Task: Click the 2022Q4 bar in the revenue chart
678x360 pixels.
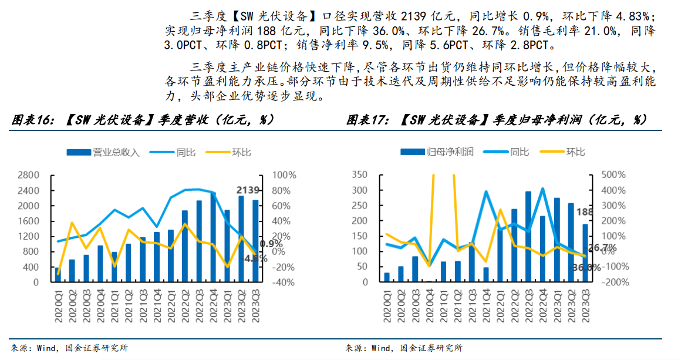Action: click(x=213, y=237)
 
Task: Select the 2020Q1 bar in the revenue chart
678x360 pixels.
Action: click(x=58, y=275)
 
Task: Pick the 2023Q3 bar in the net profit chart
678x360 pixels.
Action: click(x=585, y=253)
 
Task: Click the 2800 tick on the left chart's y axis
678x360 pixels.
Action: click(x=28, y=175)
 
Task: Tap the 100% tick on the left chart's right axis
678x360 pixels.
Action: click(x=285, y=175)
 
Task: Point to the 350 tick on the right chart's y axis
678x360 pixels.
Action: click(x=359, y=175)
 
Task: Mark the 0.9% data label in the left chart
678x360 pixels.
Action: click(x=271, y=244)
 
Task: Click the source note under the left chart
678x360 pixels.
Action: click(x=69, y=348)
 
